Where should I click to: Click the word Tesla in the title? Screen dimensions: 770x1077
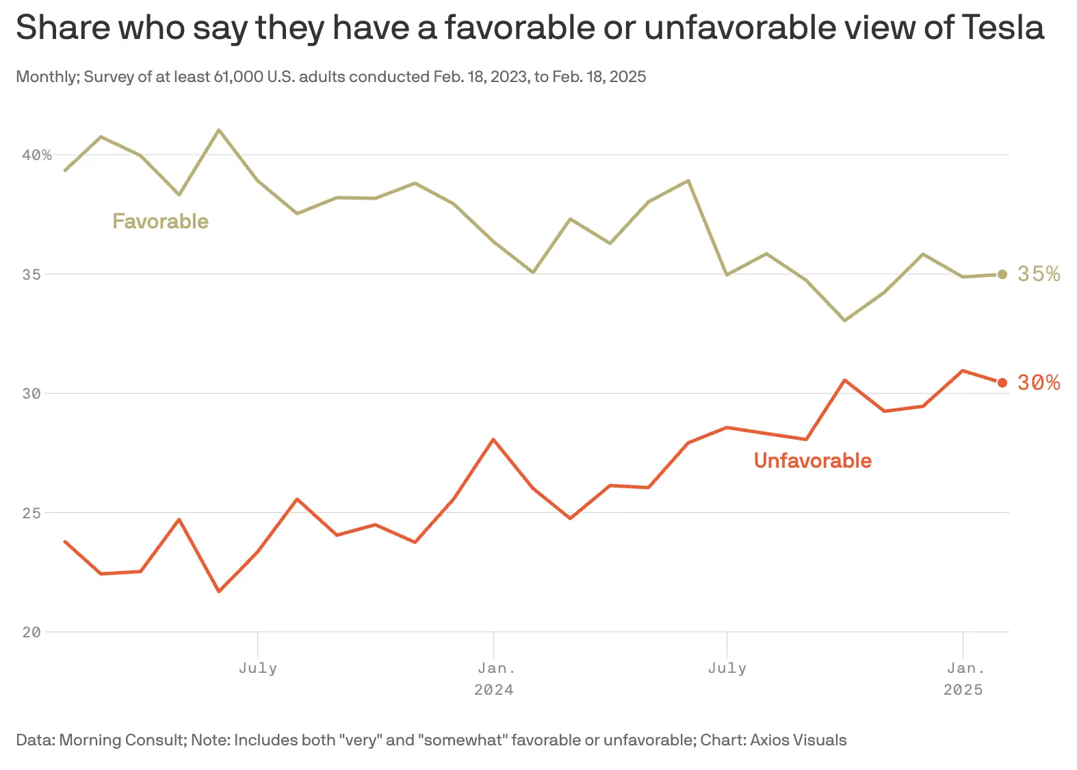(x=1002, y=29)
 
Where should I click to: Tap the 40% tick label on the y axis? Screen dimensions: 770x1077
(x=37, y=155)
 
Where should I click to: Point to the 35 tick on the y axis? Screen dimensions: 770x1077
(x=31, y=274)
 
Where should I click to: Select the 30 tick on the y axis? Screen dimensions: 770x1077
(x=31, y=393)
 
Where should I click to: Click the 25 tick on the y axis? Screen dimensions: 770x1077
(x=31, y=513)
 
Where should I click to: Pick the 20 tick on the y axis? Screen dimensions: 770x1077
(x=31, y=633)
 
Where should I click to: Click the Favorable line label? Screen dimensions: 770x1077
(x=160, y=222)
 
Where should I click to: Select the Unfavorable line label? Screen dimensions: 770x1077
(x=812, y=461)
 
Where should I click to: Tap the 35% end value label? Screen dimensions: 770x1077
(x=1038, y=274)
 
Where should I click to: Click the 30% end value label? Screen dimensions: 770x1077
(x=1038, y=383)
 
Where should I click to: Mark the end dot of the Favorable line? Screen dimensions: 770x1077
(x=1002, y=274)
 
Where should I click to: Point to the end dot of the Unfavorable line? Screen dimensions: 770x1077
(x=1002, y=383)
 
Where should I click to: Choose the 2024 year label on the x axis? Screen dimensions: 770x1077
(x=493, y=690)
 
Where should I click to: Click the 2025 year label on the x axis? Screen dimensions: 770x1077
(x=963, y=690)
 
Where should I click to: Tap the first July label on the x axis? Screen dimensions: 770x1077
(x=258, y=668)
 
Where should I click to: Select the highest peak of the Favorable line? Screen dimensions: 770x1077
(x=218, y=129)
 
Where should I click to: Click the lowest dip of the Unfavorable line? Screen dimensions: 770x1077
(x=219, y=592)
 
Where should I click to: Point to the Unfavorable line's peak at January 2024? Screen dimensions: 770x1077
(x=493, y=439)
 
